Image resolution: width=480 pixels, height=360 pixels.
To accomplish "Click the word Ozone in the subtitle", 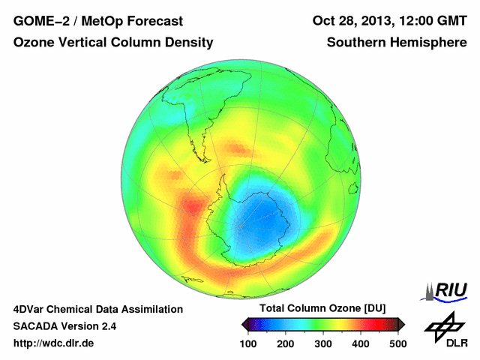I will (33, 43).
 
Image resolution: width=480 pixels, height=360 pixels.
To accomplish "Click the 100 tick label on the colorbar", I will (248, 343).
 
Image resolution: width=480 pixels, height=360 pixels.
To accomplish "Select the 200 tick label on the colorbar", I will (286, 343).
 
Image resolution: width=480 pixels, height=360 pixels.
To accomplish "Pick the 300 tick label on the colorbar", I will (323, 343).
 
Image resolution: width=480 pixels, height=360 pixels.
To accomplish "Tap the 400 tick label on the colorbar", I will (361, 343).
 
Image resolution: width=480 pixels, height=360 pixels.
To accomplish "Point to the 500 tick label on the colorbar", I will (397, 343).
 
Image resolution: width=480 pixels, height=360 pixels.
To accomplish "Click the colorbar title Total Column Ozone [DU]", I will (322, 309).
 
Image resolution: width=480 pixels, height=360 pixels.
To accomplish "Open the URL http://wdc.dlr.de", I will (53, 343).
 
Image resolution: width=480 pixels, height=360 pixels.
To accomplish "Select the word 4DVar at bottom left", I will (30, 309).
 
